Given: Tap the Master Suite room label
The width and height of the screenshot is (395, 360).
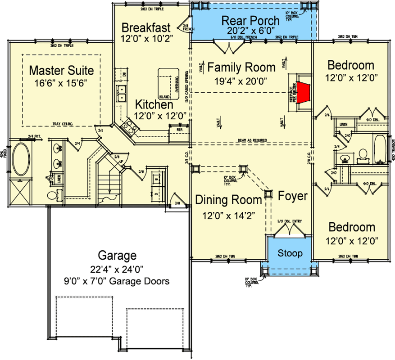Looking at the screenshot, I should click(61, 70).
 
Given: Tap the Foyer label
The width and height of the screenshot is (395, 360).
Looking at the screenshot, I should click(292, 196).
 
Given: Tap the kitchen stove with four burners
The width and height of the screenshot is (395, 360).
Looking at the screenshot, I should click(127, 130).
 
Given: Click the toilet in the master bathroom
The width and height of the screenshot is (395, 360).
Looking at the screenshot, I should click(53, 195).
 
